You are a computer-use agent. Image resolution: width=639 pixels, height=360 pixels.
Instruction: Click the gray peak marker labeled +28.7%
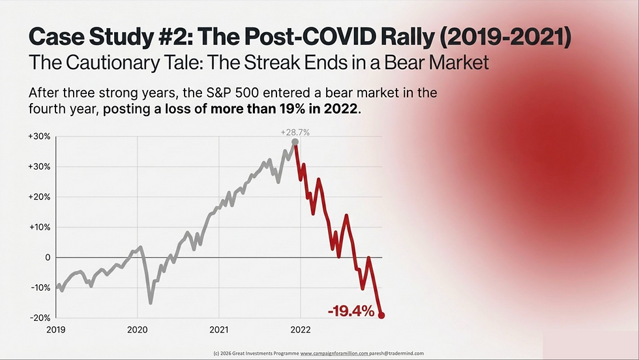[x=295, y=142]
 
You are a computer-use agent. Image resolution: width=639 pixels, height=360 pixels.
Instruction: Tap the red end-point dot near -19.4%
[x=381, y=316]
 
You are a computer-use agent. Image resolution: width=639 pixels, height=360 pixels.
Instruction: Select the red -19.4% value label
[x=351, y=311]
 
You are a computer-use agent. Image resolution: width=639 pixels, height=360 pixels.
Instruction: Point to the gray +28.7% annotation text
[x=295, y=132]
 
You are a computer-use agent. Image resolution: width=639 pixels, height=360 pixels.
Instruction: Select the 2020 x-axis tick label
[x=138, y=329]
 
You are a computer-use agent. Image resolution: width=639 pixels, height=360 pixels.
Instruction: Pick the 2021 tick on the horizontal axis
[x=219, y=329]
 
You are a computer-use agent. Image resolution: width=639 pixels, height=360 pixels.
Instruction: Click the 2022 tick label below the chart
[x=300, y=329]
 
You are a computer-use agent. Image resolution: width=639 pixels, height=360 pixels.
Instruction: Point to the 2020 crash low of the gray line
[x=151, y=303]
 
